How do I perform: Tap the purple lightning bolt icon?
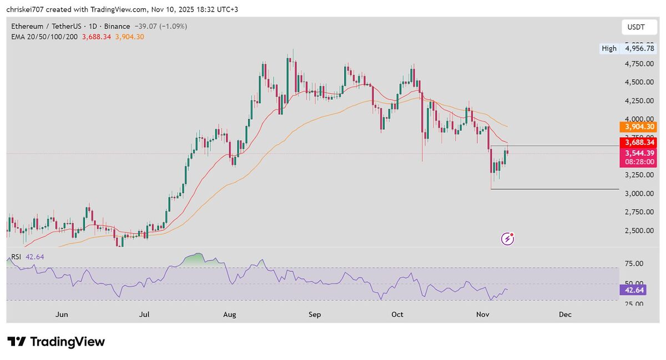[x=508, y=239]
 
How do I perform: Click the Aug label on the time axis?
[x=230, y=315]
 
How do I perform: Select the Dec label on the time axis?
[x=565, y=315]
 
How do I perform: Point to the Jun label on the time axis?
[x=62, y=315]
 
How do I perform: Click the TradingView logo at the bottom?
[x=56, y=342]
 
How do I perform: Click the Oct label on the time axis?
[x=397, y=315]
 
